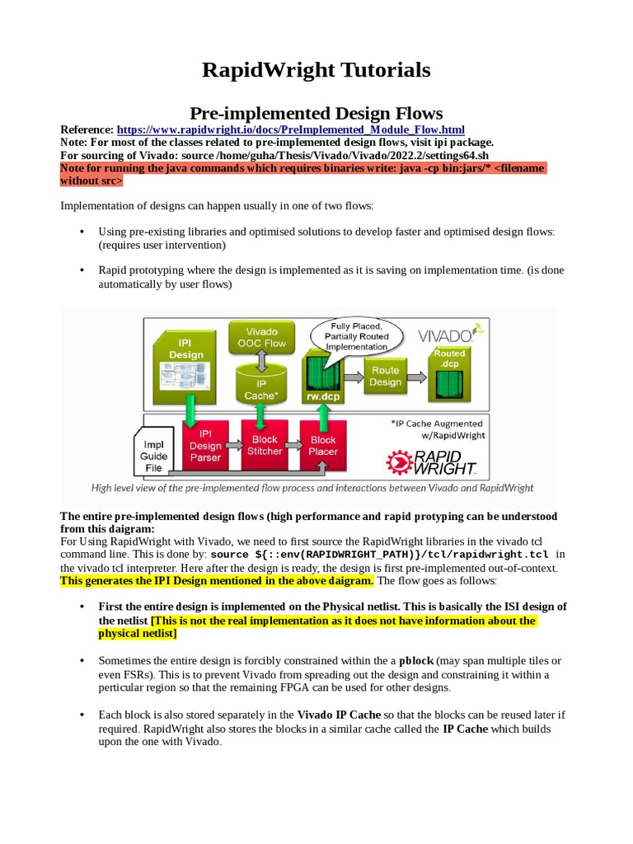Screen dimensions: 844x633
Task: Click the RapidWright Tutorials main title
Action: [316, 70]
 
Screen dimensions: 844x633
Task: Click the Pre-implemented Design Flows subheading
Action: [316, 113]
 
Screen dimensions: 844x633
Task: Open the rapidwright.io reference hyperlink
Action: [290, 130]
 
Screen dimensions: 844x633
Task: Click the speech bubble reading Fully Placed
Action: [355, 336]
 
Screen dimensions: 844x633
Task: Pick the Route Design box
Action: [385, 376]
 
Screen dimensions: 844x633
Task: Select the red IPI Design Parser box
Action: [205, 446]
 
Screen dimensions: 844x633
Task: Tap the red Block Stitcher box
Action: [265, 445]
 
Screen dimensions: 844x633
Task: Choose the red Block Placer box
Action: [323, 445]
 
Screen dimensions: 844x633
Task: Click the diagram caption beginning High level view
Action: [312, 488]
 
